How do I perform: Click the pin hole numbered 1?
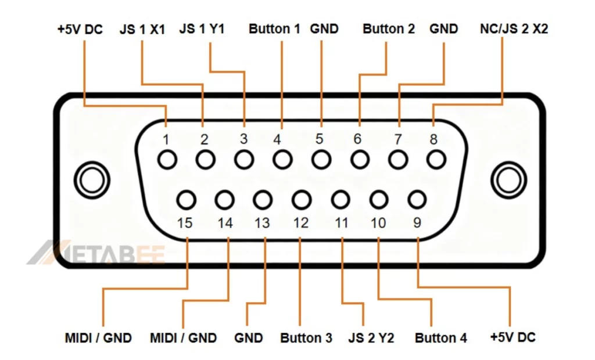coord(167,159)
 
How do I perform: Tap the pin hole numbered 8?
coord(436,159)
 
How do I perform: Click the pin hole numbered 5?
coord(321,159)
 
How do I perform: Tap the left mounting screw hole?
coord(91,180)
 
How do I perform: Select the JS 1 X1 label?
coord(142,29)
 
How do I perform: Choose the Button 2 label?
coord(389,28)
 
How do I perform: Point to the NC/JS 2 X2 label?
coord(514,28)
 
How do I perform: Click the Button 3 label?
coord(306,338)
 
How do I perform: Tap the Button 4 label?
coord(441,338)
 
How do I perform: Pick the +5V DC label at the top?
coord(80,29)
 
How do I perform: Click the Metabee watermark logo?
coord(96,253)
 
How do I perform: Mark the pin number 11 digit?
coord(341,223)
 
